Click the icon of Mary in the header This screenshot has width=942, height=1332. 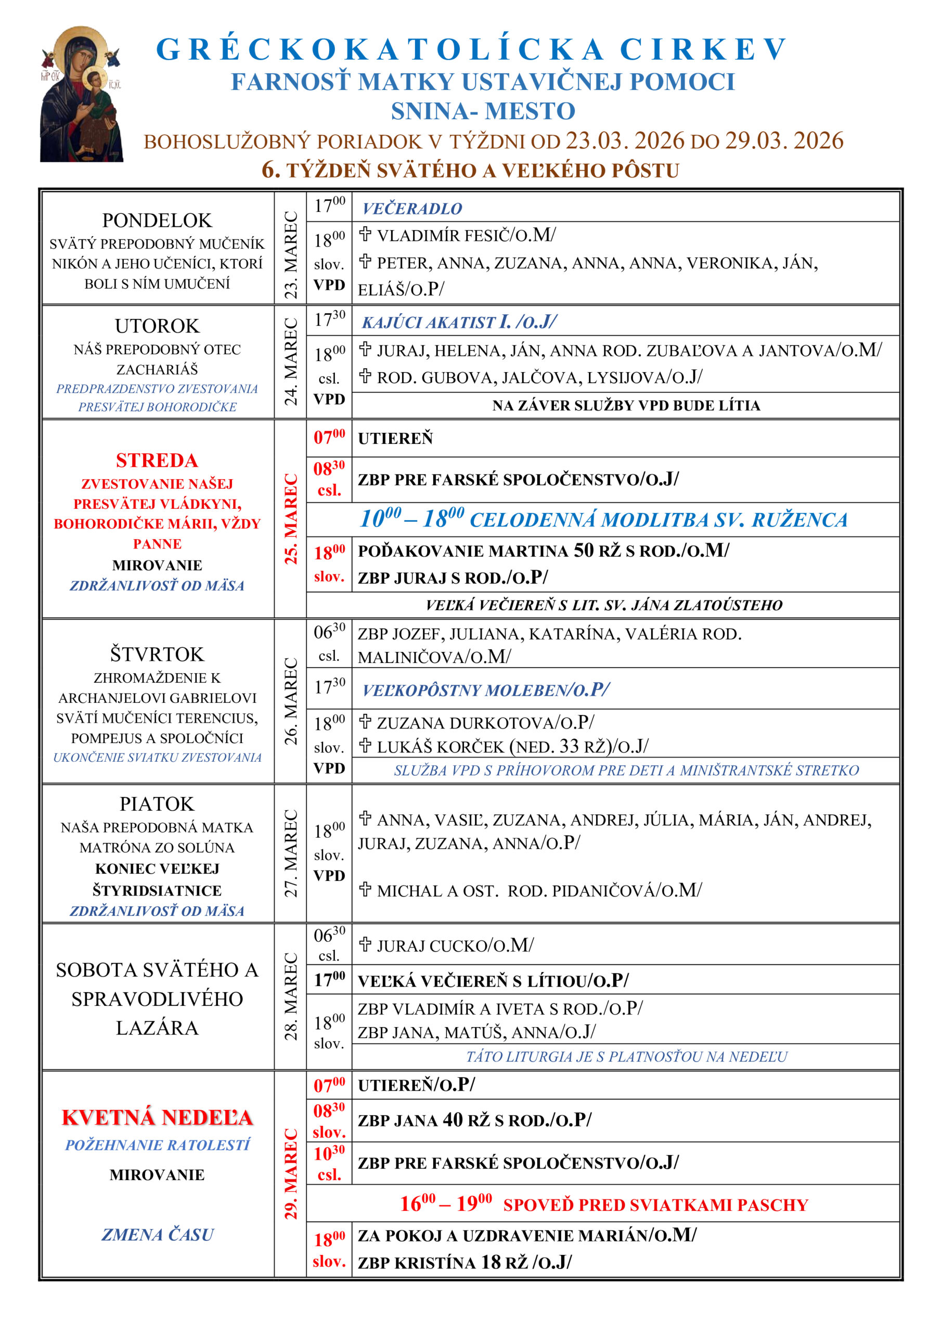coord(81,94)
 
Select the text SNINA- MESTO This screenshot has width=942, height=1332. coord(483,111)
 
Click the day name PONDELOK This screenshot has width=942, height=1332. coord(157,221)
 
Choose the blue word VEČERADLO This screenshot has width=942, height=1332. coord(412,208)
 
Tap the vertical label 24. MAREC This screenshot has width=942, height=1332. coord(290,362)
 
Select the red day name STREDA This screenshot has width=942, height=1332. coord(157,460)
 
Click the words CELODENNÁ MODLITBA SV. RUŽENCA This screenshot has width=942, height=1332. coord(659,520)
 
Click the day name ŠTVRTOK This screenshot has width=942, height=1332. coord(157,655)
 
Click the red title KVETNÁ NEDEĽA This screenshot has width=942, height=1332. coord(157,1117)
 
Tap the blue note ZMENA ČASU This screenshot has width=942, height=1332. coord(157,1234)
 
